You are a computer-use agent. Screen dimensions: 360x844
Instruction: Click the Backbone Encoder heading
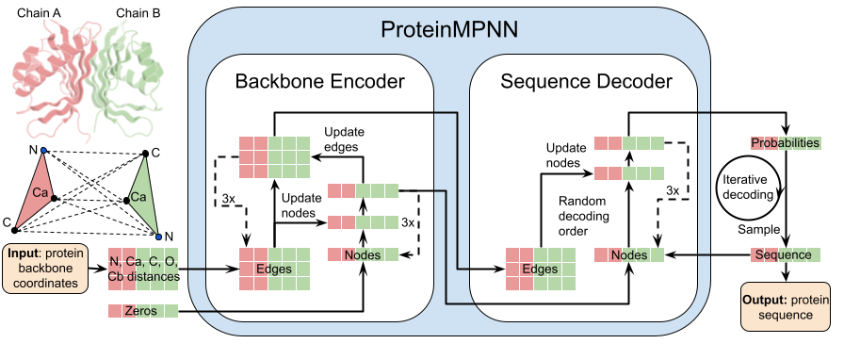319,81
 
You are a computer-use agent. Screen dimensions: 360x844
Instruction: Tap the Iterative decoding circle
747,188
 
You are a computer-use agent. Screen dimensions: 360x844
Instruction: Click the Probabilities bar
785,142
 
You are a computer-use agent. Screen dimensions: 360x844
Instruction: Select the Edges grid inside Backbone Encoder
274,269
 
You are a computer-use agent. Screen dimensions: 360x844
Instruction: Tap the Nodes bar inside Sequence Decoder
628,254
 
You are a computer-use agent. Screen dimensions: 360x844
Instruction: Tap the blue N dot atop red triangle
43,151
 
